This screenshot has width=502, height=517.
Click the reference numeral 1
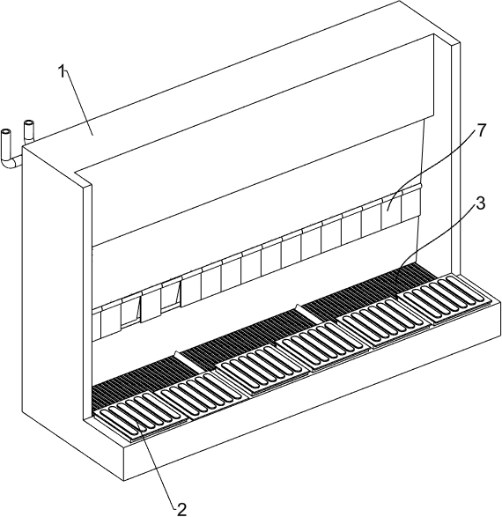click(62, 71)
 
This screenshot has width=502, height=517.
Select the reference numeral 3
click(481, 203)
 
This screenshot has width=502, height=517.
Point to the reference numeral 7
click(481, 131)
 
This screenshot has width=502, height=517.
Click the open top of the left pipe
click(6, 132)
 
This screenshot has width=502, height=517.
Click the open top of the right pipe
click(29, 123)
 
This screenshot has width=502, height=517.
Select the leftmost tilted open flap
click(131, 313)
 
